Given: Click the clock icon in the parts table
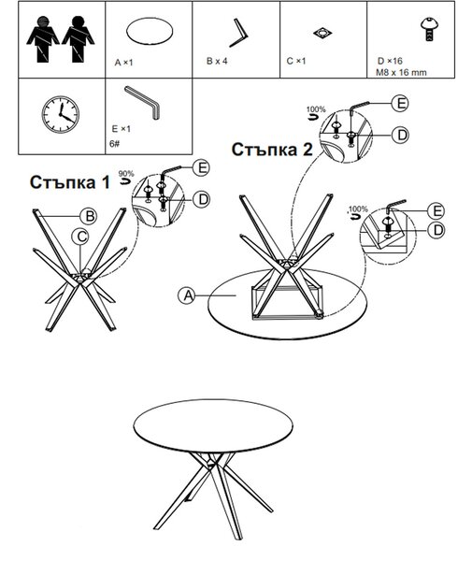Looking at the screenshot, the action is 61,114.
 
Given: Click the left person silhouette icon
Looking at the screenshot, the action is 43,39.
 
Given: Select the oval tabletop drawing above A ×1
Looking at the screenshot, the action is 150,32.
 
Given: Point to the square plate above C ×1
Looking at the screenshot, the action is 322,34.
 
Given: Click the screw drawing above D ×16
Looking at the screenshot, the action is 430,29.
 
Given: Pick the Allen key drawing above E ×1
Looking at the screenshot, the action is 143,101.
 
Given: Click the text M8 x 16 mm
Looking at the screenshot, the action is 401,73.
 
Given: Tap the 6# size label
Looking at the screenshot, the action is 115,144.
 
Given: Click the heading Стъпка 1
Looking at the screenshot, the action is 70,182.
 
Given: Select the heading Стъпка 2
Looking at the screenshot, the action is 272,150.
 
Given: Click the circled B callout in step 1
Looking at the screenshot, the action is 88,216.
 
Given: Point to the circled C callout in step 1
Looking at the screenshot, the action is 80,237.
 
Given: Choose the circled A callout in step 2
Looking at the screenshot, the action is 187,295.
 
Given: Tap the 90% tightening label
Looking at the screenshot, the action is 126,174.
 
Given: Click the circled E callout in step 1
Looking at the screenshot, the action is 202,167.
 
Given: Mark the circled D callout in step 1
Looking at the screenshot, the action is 202,199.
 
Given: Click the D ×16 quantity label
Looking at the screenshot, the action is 390,61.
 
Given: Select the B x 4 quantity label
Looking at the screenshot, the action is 217,61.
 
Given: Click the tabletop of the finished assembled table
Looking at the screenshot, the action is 213,425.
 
